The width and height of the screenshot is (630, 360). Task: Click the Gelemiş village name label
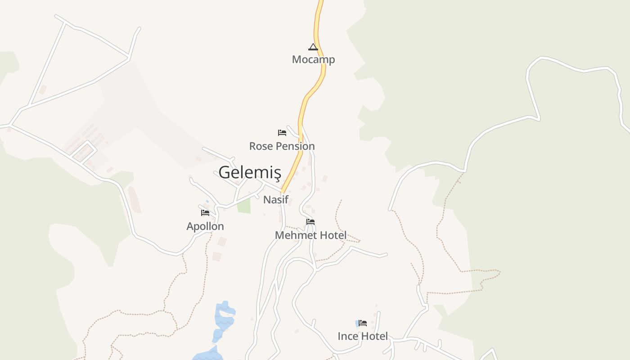[x=250, y=172]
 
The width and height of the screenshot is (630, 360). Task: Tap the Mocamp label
[x=313, y=59]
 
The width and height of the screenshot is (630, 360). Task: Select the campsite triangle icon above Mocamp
[x=313, y=47]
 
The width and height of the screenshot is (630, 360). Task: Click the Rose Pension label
[x=282, y=146]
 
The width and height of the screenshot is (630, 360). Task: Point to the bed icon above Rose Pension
[x=282, y=133]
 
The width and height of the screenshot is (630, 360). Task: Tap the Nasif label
[x=275, y=199]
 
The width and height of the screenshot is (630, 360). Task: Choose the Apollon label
[x=205, y=226]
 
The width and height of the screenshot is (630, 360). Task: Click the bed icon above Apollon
[x=205, y=212]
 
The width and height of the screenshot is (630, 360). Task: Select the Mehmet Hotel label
[x=310, y=235]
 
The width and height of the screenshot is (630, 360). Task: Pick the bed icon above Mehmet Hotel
[x=310, y=222]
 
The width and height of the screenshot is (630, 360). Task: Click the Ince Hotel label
[x=363, y=336]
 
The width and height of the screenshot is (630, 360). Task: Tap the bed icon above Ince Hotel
[x=363, y=323]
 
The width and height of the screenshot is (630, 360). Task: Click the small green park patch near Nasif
[x=244, y=206]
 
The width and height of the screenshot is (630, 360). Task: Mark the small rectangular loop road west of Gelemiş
[x=84, y=151]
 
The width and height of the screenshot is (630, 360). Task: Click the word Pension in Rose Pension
[x=295, y=146]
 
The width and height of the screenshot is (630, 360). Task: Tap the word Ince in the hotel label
[x=347, y=336]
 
